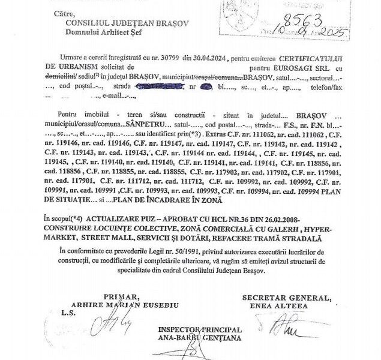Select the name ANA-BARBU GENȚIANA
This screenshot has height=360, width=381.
[x=200, y=338]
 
